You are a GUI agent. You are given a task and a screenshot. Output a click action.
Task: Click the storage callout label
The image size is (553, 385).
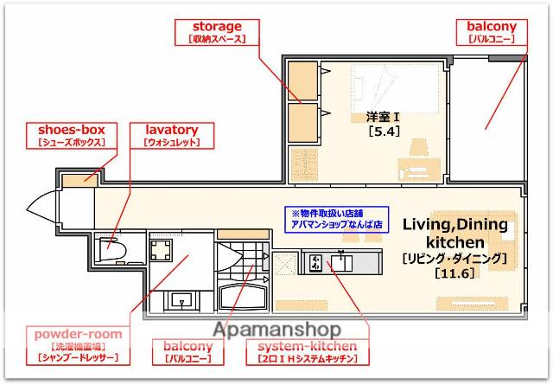(216, 32)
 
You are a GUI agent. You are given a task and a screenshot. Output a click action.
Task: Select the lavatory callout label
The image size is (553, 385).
(172, 135)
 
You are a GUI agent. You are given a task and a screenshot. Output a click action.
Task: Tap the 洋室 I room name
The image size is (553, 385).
(379, 117)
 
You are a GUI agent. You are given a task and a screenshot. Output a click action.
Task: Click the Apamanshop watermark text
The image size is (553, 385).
(276, 329)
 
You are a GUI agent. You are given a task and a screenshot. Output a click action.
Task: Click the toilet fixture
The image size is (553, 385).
(113, 249)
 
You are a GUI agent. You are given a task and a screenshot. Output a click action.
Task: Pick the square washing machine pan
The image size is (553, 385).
(162, 251)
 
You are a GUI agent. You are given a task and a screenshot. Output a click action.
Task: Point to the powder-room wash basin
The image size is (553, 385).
(182, 300)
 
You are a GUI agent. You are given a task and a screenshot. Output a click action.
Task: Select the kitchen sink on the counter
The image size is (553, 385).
(342, 260)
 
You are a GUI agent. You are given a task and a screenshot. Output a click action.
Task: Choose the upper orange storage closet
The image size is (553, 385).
(302, 82)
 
